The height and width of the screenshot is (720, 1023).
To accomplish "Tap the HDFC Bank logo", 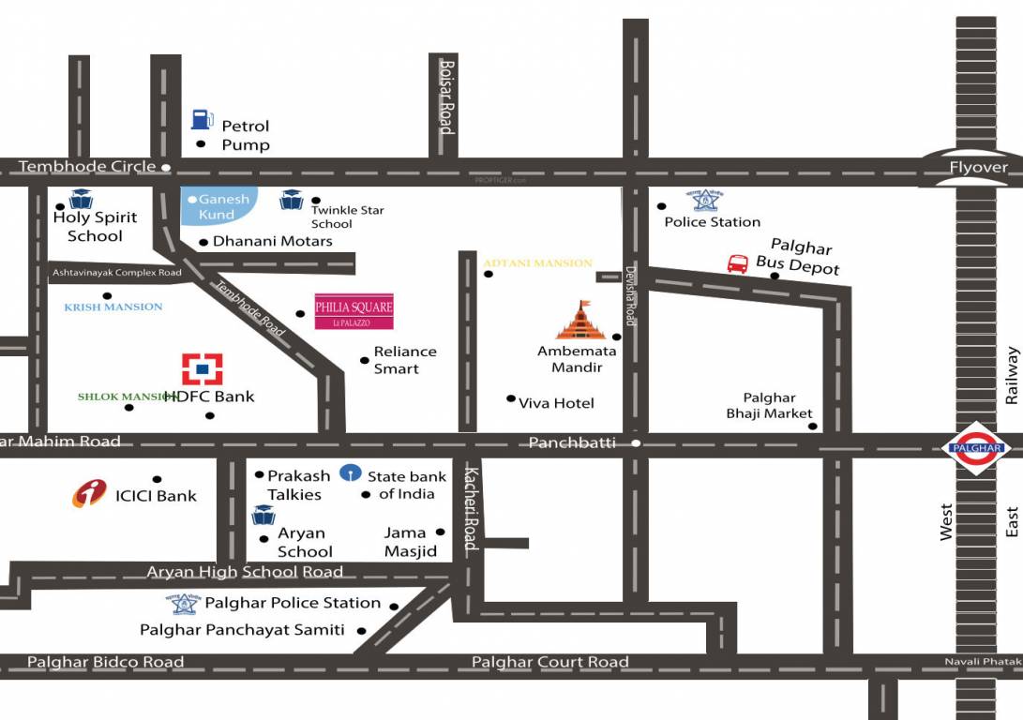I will pyautogui.click(x=202, y=368).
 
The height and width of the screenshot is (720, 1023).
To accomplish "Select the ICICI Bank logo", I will pyautogui.click(x=90, y=493).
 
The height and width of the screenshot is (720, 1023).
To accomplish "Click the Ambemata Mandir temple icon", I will pyautogui.click(x=581, y=321).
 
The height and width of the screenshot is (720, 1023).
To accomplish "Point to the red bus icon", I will pyautogui.click(x=738, y=263).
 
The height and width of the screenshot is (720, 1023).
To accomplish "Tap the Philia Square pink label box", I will pyautogui.click(x=354, y=310).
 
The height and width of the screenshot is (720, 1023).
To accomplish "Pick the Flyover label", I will pyautogui.click(x=978, y=168).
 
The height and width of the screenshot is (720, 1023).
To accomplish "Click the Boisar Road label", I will pyautogui.click(x=447, y=97).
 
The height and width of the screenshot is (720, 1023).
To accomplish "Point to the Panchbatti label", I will pyautogui.click(x=572, y=442).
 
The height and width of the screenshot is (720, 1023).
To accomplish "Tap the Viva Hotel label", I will pyautogui.click(x=557, y=403).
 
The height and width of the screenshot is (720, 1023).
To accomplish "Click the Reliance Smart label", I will pyautogui.click(x=405, y=360).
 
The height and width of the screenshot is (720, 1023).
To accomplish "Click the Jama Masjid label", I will pyautogui.click(x=411, y=542).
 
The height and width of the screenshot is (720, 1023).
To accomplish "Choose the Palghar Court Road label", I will pyautogui.click(x=549, y=662).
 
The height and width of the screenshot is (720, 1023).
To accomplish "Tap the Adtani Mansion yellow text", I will pyautogui.click(x=538, y=263).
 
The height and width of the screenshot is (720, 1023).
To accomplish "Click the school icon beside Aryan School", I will pyautogui.click(x=263, y=515).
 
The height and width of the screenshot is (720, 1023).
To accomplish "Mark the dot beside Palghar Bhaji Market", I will pyautogui.click(x=813, y=427).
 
